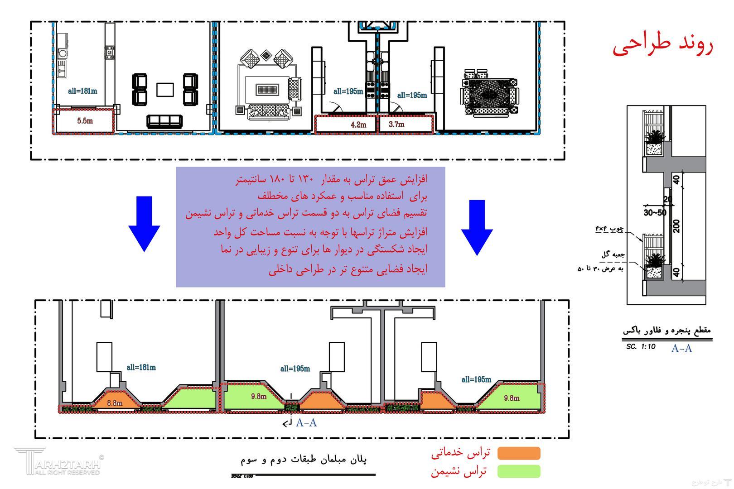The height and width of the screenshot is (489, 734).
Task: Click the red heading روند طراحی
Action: coord(663,46)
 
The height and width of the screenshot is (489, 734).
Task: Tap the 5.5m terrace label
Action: coord(85,121)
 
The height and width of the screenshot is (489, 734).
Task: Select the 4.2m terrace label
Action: coord(358,125)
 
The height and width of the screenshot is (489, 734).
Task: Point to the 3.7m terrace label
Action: coord(396,124)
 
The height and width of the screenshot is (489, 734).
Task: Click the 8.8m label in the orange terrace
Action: coord(115,403)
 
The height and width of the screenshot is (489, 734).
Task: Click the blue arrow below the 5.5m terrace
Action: coord(144,224)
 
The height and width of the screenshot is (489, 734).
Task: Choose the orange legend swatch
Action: coord(519,453)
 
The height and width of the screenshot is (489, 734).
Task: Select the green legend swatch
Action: coord(519,471)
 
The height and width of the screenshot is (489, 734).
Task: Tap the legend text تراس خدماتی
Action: coord(460,452)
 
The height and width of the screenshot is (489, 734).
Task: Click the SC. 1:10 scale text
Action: coord(641,347)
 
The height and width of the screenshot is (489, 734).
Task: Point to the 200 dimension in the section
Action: coord(676,225)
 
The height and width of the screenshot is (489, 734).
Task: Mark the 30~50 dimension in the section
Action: coord(655,212)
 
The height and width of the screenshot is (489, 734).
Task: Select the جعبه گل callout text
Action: coord(613,254)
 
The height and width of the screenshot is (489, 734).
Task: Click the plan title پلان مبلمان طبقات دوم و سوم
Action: coord(304,460)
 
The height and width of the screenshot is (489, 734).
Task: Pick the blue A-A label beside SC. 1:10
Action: coord(681,348)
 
